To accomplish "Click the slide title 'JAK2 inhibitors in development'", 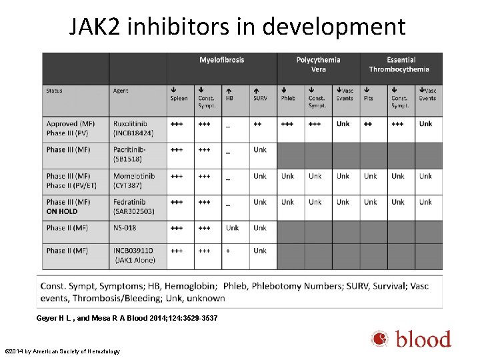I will point(237,27).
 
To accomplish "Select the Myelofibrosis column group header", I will point(221,60).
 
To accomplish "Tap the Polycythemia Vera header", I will point(319,65).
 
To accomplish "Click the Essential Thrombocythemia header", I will point(400,65).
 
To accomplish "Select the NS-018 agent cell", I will point(125,228).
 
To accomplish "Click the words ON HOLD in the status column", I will point(62,211).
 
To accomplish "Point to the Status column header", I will point(55,91).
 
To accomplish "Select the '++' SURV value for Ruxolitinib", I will point(257,124).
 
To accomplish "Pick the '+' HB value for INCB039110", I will point(228,251).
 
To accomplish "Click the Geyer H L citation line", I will point(127,318).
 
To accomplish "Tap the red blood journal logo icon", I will point(380,339).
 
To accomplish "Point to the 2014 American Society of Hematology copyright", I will point(62,351).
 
